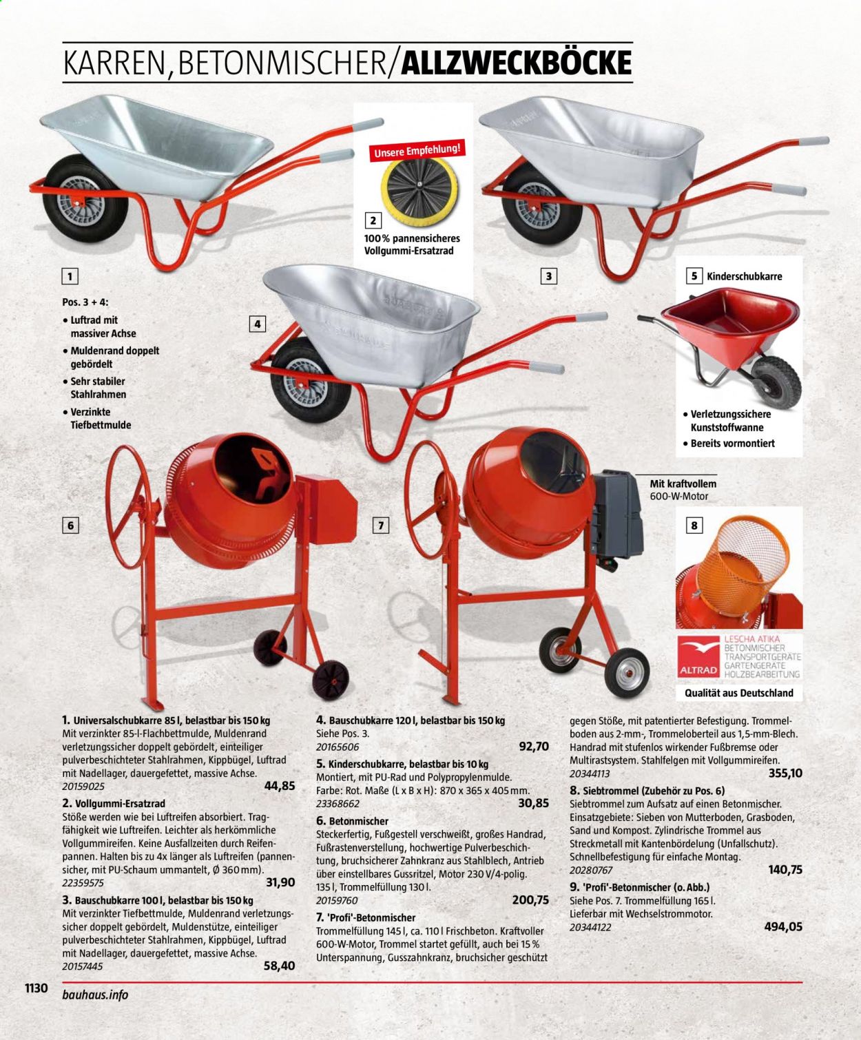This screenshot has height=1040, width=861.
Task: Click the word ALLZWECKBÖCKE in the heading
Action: coord(516,63)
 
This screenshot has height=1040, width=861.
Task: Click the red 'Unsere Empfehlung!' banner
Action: coord(417,149)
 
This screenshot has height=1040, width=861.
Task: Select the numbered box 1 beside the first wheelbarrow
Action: coord(70,276)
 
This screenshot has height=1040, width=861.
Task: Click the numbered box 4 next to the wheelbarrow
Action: coord(257,324)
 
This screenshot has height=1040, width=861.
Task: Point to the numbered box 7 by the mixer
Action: coord(381,525)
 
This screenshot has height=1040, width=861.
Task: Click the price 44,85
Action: coord(279,786)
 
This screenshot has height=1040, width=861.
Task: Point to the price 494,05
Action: coord(783,926)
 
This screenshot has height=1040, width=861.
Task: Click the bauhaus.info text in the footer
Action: coord(95,995)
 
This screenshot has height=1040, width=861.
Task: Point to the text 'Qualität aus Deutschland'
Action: coord(739,693)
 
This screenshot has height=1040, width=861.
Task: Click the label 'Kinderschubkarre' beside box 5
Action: coord(745,276)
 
